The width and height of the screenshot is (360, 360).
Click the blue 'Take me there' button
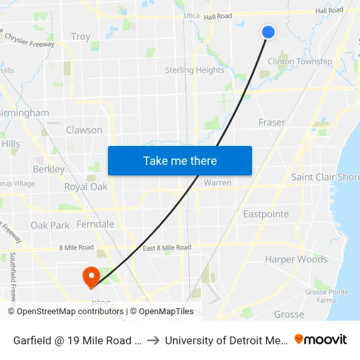pyautogui.click(x=180, y=161)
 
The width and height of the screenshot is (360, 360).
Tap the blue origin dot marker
pyautogui.click(x=268, y=31)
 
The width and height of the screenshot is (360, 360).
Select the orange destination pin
pyautogui.click(x=90, y=276)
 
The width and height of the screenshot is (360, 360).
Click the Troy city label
pyautogui.click(x=81, y=37)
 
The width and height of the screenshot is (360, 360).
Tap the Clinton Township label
pyautogui.click(x=300, y=62)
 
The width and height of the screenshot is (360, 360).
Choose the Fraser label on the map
pyautogui.click(x=272, y=122)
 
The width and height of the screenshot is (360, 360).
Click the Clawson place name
pyautogui.click(x=84, y=130)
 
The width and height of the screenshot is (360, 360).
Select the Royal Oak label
pyautogui.click(x=85, y=187)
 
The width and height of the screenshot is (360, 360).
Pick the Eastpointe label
pyautogui.click(x=266, y=214)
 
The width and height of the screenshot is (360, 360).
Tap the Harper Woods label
pyautogui.click(x=296, y=259)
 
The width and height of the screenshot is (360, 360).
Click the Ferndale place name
pyautogui.click(x=95, y=224)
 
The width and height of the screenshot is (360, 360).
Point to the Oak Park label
pyautogui.click(x=50, y=225)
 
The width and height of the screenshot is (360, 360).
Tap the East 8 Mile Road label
pyautogui.click(x=167, y=247)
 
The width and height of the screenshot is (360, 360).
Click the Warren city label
pyautogui.click(x=217, y=183)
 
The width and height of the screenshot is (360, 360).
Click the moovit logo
pyautogui.click(x=321, y=339)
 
